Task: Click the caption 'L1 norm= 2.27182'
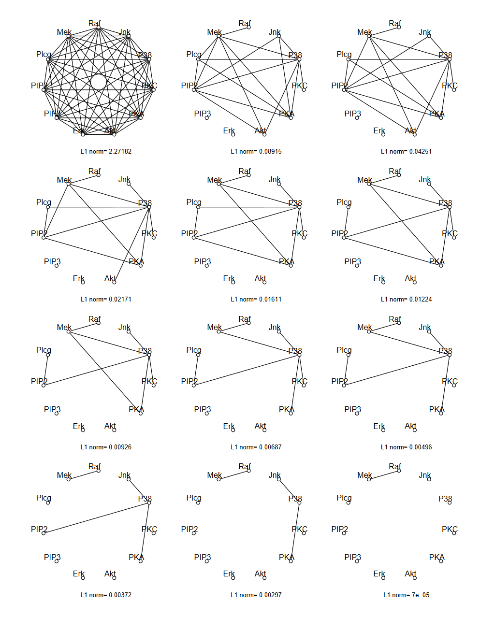[106, 151]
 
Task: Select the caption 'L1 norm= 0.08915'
[256, 151]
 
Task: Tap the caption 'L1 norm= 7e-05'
[406, 595]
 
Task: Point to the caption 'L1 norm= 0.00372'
[106, 595]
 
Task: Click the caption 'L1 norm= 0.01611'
[256, 299]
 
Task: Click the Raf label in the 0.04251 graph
[395, 23]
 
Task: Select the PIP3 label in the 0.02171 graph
[52, 261]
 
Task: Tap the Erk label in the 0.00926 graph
[78, 426]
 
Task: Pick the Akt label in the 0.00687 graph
[260, 426]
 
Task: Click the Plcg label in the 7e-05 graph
[344, 498]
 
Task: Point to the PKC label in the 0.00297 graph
[299, 529]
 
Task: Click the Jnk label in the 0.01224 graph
[424, 180]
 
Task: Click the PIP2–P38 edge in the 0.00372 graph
[97, 518]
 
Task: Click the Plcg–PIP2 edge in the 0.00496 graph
[346, 370]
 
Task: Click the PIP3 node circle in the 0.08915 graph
[207, 118]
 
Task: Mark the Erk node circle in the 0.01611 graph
[233, 282]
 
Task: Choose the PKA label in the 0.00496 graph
[436, 409]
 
